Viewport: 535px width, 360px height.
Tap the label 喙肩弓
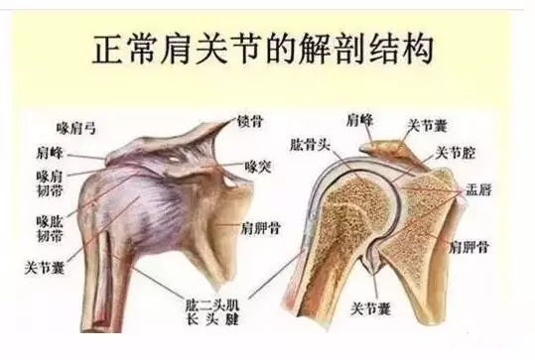coord(77,128)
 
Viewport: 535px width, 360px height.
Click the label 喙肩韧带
coord(49,183)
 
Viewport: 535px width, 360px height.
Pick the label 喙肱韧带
coord(49,232)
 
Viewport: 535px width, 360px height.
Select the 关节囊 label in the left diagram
coord(46,267)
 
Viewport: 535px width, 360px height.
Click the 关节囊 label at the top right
coord(428,126)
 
